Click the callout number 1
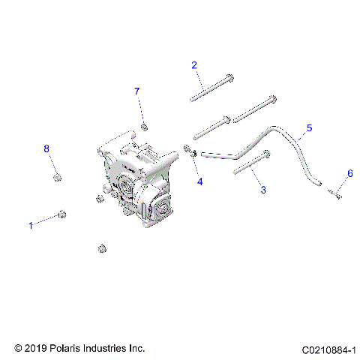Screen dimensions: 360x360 [x=31, y=225]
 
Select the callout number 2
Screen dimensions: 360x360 [x=194, y=65]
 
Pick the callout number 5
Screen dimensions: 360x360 [x=309, y=128]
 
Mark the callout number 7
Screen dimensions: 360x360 [x=137, y=91]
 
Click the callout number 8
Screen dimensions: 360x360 [x=46, y=149]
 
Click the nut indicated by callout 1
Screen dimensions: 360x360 [x=64, y=214]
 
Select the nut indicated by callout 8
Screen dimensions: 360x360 [x=56, y=177]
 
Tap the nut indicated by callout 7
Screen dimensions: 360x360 [x=144, y=124]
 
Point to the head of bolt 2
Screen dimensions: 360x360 [x=230, y=78]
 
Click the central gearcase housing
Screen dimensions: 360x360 [x=139, y=184]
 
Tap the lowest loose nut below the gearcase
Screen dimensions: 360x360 [x=102, y=248]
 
